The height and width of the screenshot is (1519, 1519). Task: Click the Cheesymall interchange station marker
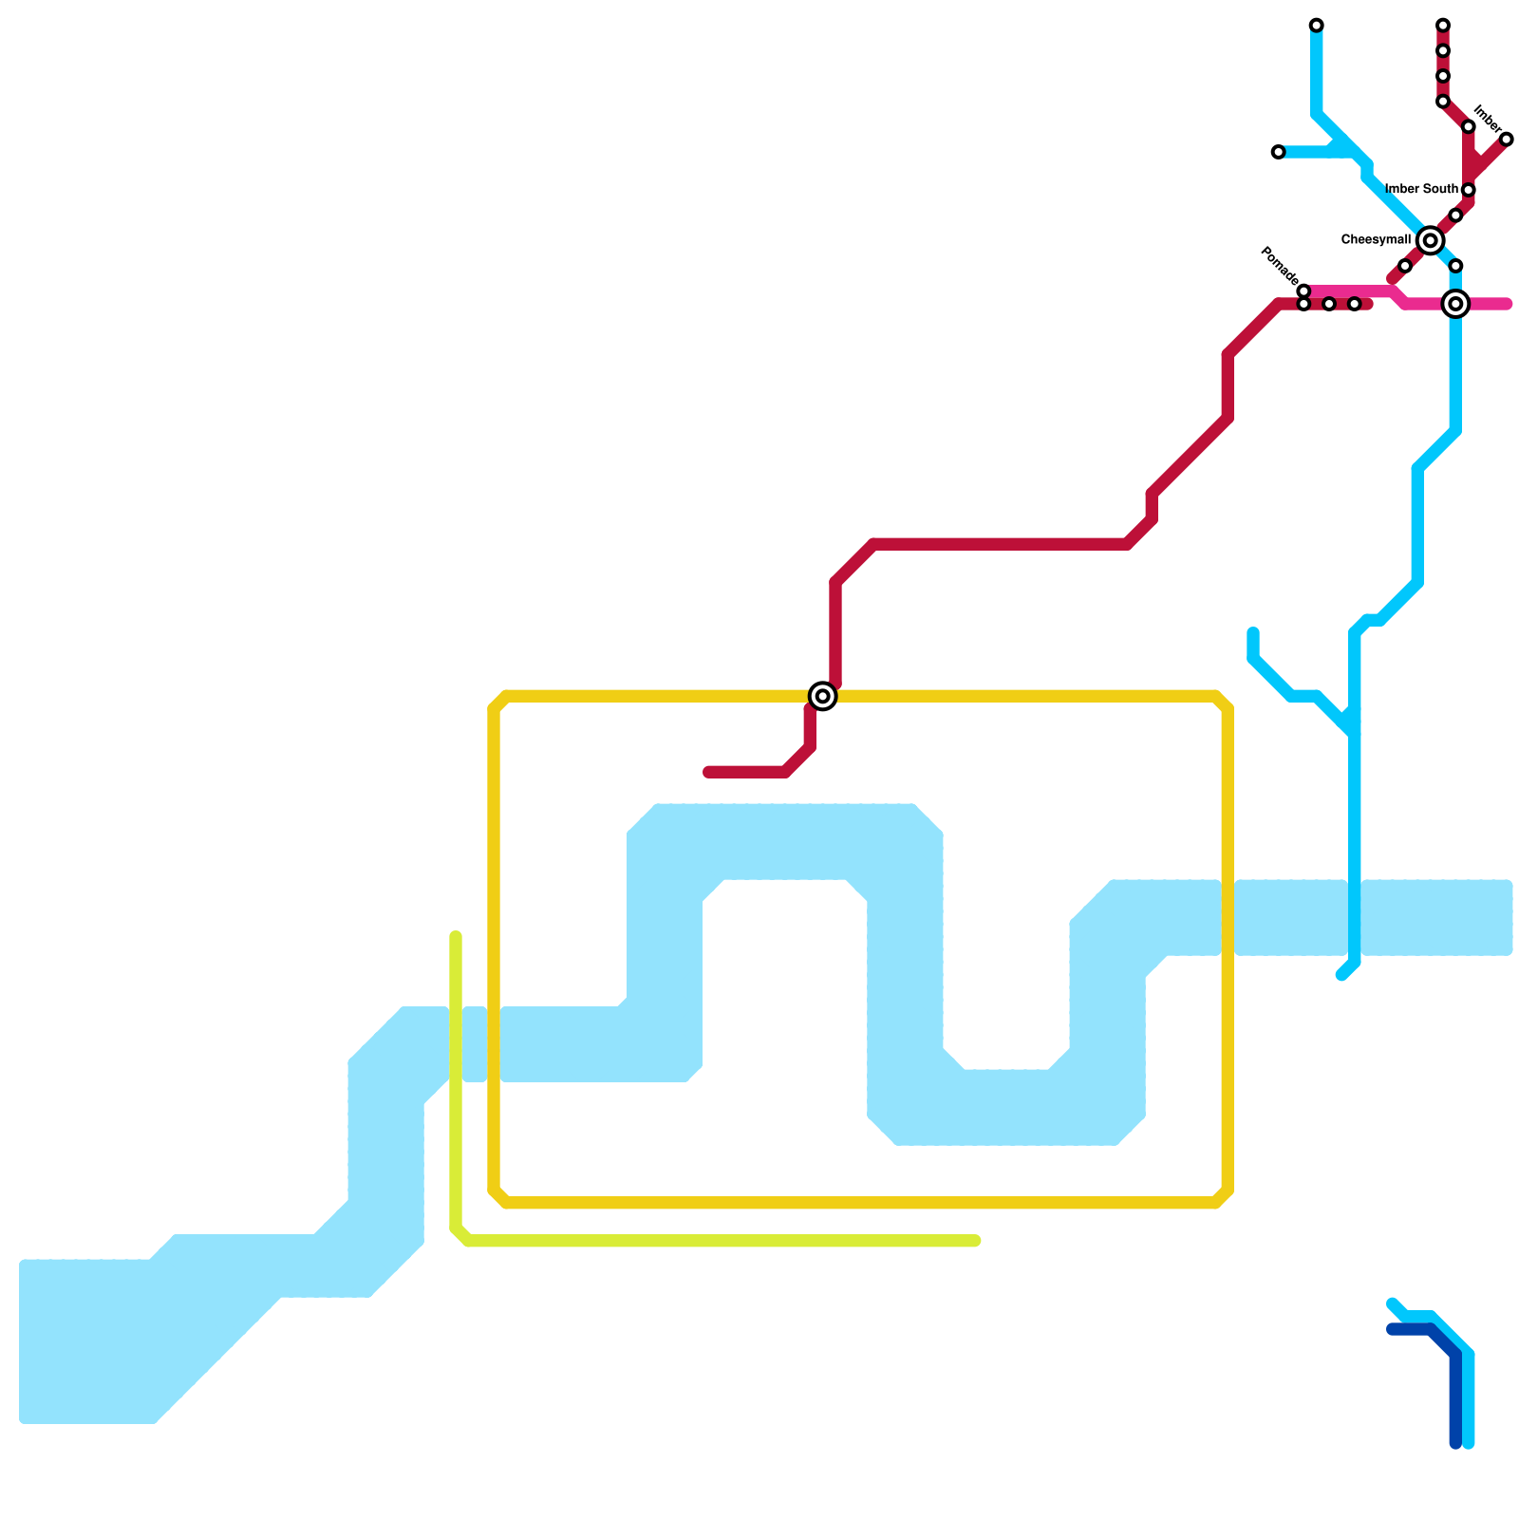tap(1430, 241)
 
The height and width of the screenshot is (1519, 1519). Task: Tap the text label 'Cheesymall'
tap(1375, 240)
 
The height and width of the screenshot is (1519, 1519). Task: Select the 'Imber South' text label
tap(1421, 190)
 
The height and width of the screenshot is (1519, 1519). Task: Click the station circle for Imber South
tap(1468, 190)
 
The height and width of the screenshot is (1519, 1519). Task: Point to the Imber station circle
tap(1506, 140)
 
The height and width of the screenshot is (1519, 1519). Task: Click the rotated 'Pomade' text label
tap(1279, 265)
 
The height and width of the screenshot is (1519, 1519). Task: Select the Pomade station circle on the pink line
tap(1303, 291)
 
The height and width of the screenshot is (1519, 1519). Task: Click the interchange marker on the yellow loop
tap(823, 696)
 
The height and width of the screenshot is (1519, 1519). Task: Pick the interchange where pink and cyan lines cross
tap(1455, 304)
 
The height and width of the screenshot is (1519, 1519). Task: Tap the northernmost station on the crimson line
tap(1442, 25)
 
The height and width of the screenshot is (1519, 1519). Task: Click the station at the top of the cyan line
tap(1316, 25)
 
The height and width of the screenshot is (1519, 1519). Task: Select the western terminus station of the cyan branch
tap(1278, 152)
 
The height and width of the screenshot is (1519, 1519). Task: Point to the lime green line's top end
tap(456, 937)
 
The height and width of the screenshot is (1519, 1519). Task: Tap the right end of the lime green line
tap(975, 1241)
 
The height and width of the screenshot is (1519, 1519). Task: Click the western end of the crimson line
tap(708, 772)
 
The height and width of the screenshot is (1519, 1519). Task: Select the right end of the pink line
tap(1507, 304)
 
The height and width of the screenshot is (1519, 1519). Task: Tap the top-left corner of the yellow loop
tap(497, 700)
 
